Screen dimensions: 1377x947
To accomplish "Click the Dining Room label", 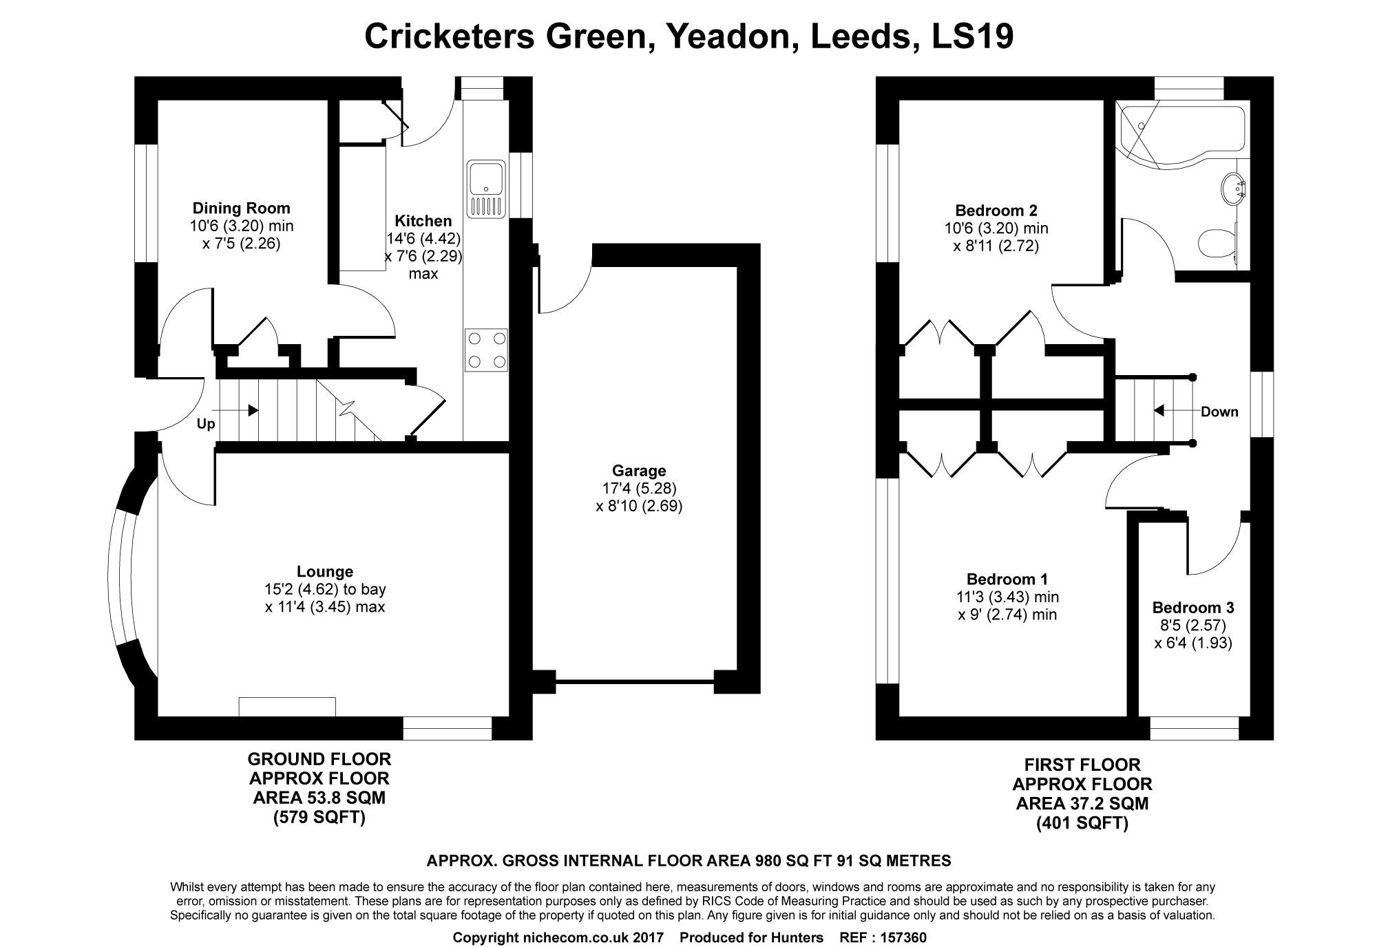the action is (x=241, y=208).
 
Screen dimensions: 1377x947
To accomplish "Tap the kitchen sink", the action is (x=487, y=189).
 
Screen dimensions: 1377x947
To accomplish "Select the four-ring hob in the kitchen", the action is (x=487, y=350).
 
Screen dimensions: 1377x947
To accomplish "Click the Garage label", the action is (x=639, y=471).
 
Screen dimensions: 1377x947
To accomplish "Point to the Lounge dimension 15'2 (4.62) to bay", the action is (x=325, y=589).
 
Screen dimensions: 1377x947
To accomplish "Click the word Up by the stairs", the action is (x=206, y=424).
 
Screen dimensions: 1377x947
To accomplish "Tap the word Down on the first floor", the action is (x=1219, y=412).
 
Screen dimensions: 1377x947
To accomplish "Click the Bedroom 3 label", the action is (x=1193, y=608).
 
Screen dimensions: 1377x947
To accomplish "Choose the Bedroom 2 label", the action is (x=996, y=210).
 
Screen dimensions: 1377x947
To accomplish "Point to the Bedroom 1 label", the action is (x=1007, y=579).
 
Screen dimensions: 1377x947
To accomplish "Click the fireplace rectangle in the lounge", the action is (x=287, y=707).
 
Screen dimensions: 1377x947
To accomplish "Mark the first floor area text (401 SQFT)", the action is (x=1082, y=823).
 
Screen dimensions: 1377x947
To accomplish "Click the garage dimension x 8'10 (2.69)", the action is (x=639, y=507).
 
